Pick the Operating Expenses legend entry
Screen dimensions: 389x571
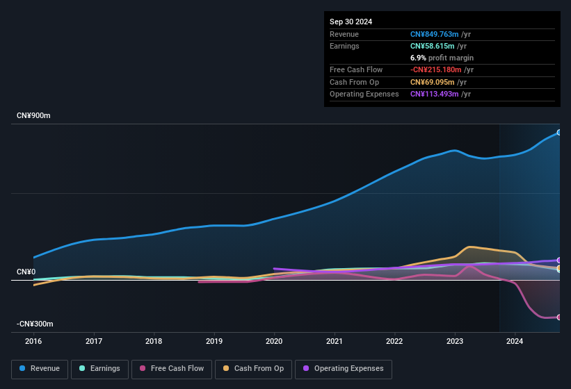pos(344,368)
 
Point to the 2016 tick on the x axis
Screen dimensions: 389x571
pos(33,341)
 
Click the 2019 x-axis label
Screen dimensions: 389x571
pos(214,341)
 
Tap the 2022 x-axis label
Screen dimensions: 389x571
pos(394,341)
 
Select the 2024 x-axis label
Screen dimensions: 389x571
pos(515,341)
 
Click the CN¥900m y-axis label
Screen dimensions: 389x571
pos(33,115)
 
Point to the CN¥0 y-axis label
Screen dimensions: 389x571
pos(26,272)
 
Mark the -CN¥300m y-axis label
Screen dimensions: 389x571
pos(35,324)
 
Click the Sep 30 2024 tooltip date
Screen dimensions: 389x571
pos(351,22)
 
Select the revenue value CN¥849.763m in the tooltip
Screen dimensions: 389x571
pos(435,34)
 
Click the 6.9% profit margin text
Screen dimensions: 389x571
pos(442,58)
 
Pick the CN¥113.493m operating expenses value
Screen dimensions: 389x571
pos(435,94)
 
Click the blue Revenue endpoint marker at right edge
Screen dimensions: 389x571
pos(559,132)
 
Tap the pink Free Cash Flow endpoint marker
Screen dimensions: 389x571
pos(559,317)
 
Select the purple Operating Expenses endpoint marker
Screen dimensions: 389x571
pos(559,260)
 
